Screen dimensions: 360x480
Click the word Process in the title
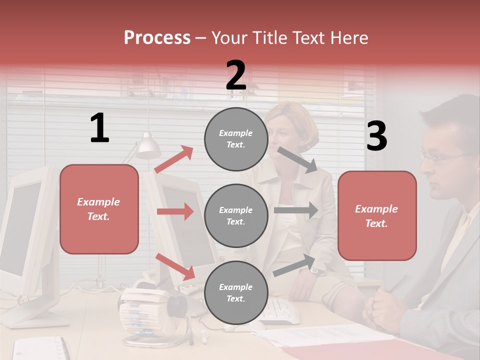[x=157, y=37]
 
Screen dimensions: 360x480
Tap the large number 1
[x=99, y=128]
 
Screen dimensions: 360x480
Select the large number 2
[x=236, y=75]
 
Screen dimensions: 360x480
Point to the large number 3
[x=376, y=136]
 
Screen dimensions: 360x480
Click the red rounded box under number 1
[x=99, y=209]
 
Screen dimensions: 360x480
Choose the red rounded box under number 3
[x=377, y=215]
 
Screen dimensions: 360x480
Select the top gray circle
[x=236, y=139]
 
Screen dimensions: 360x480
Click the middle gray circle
[x=236, y=215]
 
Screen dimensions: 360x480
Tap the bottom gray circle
[x=236, y=292]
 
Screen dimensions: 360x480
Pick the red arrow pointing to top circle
[x=174, y=159]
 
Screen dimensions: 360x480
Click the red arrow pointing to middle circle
[x=175, y=211]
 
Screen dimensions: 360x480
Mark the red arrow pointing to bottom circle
[x=175, y=266]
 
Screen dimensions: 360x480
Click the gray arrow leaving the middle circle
[x=296, y=210]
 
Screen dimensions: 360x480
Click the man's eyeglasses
[x=440, y=158]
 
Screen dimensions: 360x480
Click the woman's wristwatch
[x=314, y=270]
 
